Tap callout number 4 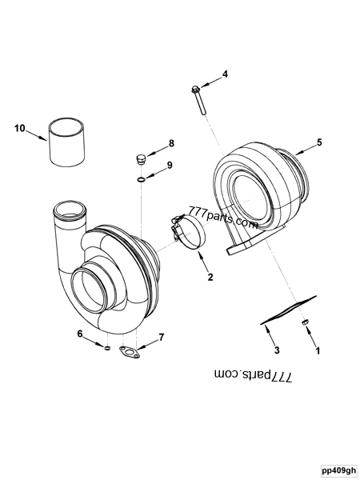(225, 74)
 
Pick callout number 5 (319, 142)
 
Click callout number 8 (170, 144)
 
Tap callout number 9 (170, 166)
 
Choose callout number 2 (210, 278)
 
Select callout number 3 (276, 350)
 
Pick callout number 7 (161, 337)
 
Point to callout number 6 (80, 333)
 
